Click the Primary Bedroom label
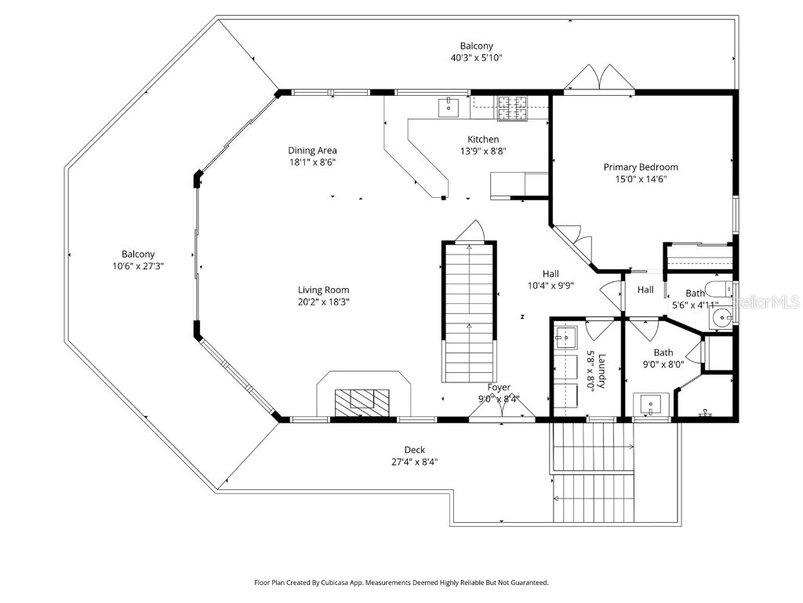pos(641,167)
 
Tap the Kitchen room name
pos(482,139)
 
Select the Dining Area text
pos(312,150)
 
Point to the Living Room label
pos(323,290)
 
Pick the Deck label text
pos(415,450)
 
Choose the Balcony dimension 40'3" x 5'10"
pos(476,58)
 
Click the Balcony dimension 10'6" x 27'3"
pos(137,266)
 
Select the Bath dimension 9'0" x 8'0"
pos(663,364)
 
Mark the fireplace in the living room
pos(362,400)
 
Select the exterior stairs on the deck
pos(592,471)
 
